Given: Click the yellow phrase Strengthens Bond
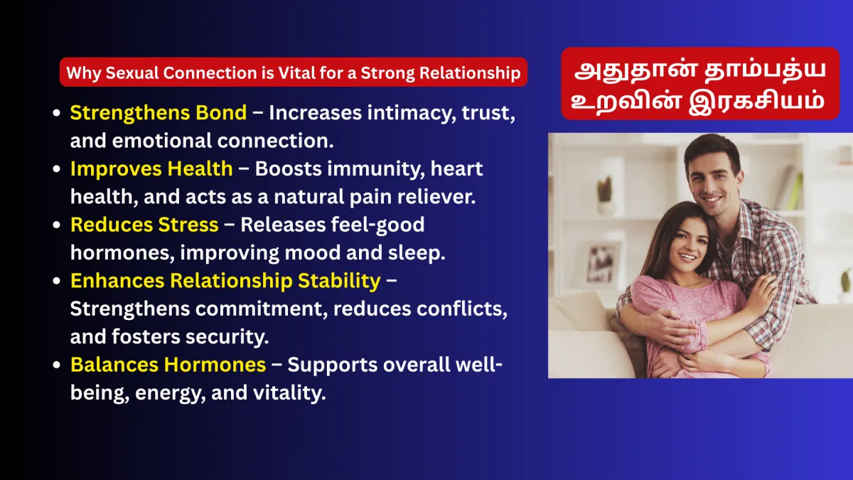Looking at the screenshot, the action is pyautogui.click(x=159, y=113).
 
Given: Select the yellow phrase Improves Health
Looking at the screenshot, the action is pyautogui.click(x=151, y=169).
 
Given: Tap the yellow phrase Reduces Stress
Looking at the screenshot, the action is pyautogui.click(x=145, y=225).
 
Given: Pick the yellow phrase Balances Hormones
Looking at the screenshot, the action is pyautogui.click(x=168, y=365).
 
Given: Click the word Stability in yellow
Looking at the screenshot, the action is pyautogui.click(x=339, y=281).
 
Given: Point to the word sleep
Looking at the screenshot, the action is pyautogui.click(x=417, y=253).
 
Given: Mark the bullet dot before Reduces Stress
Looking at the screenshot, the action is pyautogui.click(x=57, y=225).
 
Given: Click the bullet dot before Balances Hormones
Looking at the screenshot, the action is pyautogui.click(x=57, y=365).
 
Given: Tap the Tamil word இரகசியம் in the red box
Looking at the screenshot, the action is pyautogui.click(x=756, y=102).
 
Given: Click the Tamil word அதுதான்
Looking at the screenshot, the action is pyautogui.click(x=635, y=71).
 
